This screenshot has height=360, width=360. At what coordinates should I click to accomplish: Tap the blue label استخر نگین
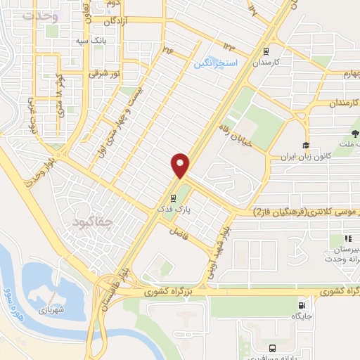point(217,63)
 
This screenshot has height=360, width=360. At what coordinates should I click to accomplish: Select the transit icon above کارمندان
point(266,51)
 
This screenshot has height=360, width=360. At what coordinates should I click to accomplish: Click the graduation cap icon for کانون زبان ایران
point(306,146)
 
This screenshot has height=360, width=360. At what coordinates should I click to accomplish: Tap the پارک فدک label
point(174,210)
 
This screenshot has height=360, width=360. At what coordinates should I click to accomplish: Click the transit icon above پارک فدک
point(173,198)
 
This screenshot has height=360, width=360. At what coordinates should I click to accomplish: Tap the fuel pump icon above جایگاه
point(302,306)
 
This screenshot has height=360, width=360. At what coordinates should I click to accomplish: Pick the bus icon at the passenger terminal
point(272,347)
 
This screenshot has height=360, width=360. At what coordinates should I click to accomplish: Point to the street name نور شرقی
point(105,72)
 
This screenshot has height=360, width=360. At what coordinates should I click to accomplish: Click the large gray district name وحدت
point(38,15)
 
